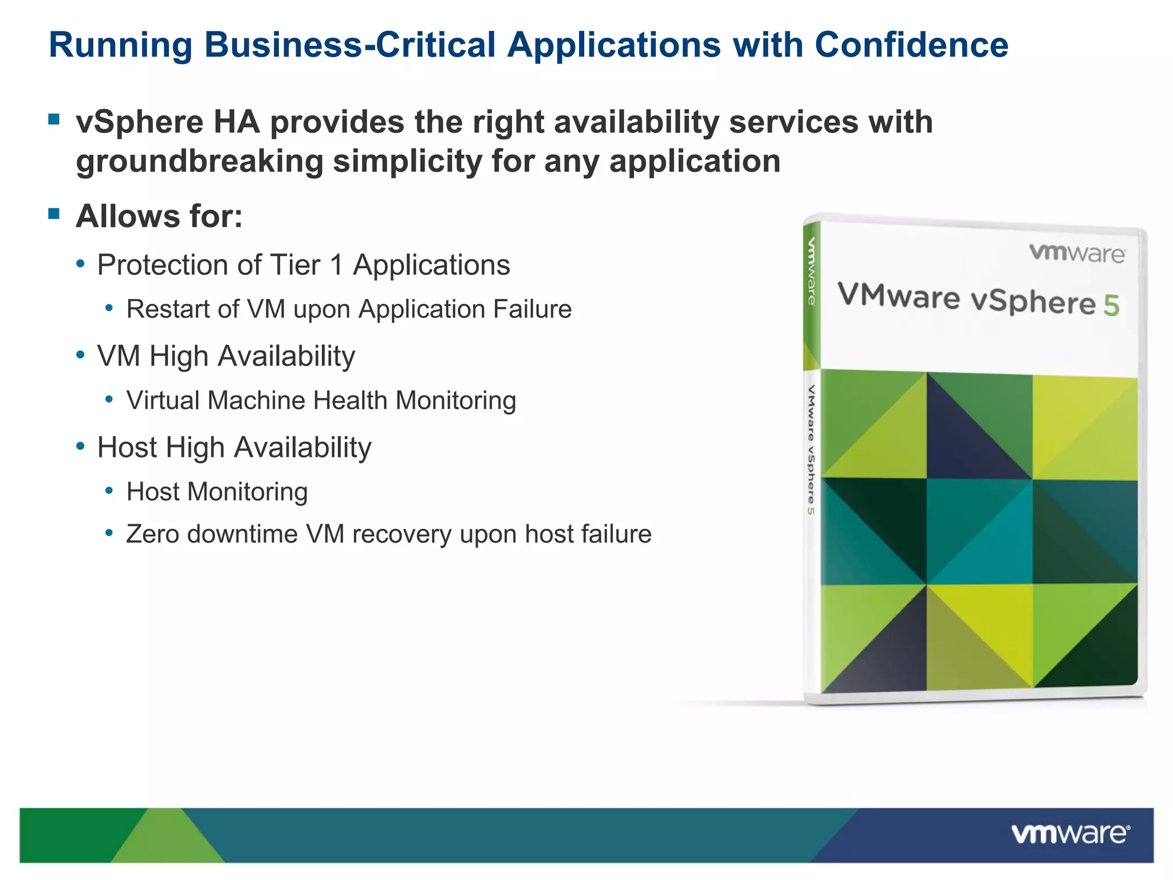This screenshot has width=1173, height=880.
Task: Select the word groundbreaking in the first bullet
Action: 199,162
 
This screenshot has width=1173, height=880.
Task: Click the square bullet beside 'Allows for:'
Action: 54,214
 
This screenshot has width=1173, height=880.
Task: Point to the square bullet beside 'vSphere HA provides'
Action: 54,119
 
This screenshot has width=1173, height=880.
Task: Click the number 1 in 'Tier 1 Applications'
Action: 336,265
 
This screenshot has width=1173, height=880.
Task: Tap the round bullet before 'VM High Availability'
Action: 81,355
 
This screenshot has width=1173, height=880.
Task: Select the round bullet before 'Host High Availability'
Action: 81,446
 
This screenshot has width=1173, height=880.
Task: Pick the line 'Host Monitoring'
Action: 217,492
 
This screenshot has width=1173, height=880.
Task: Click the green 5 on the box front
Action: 1111,306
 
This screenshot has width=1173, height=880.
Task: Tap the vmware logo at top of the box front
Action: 1077,253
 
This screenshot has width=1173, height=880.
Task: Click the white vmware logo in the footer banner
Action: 1070,834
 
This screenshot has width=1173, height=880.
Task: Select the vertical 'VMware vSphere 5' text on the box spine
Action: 811,449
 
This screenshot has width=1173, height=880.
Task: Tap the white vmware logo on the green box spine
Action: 812,271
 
